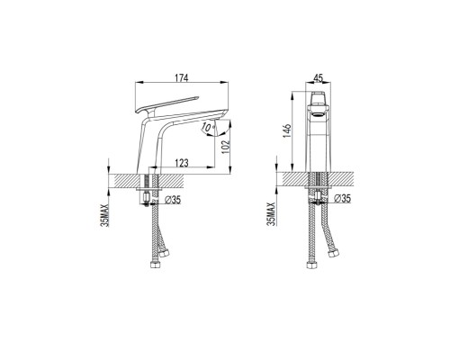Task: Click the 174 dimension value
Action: (x=182, y=77)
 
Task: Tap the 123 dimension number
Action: (x=182, y=163)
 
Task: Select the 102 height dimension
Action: (x=226, y=147)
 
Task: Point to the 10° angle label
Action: (x=207, y=127)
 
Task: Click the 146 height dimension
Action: (x=287, y=130)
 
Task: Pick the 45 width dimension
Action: (x=318, y=78)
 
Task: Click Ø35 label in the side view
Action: (x=173, y=200)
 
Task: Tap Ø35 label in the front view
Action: (x=342, y=198)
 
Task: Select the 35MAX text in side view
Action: (x=105, y=215)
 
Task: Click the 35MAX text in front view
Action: (x=272, y=213)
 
